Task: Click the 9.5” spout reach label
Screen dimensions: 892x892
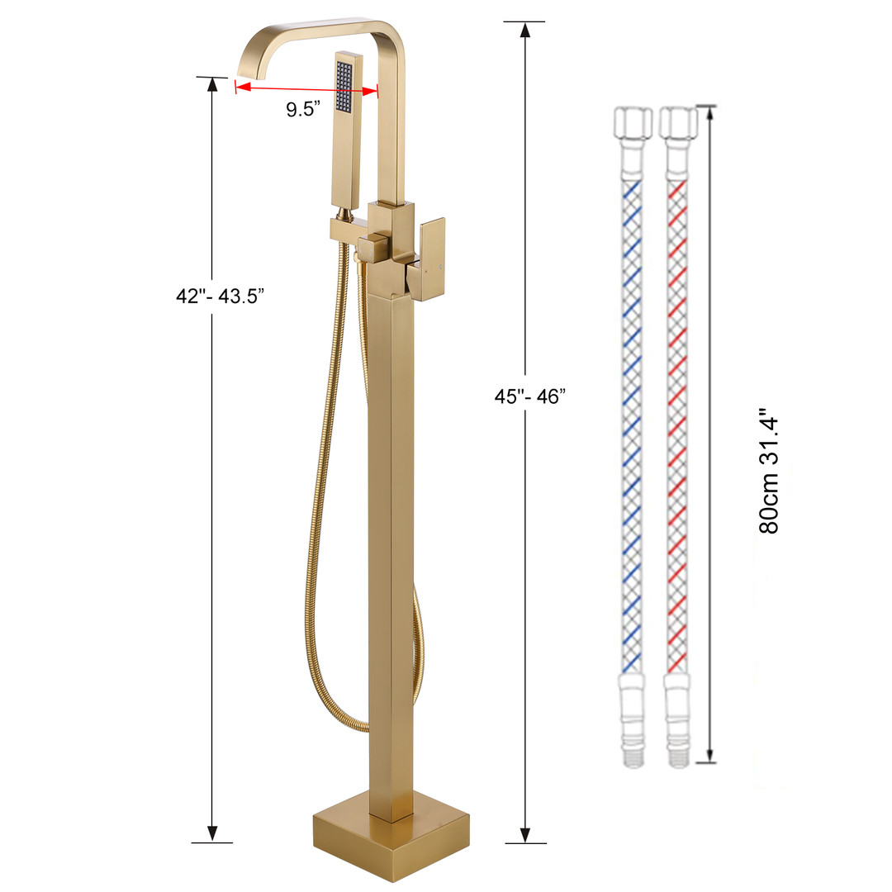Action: (x=303, y=109)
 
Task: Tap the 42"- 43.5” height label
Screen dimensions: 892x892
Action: (x=221, y=296)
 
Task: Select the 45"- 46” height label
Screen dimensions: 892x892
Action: (x=530, y=396)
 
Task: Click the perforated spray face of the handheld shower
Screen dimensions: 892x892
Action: (x=344, y=86)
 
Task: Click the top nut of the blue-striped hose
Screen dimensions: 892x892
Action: (x=632, y=121)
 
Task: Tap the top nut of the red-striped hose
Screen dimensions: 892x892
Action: (x=678, y=121)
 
